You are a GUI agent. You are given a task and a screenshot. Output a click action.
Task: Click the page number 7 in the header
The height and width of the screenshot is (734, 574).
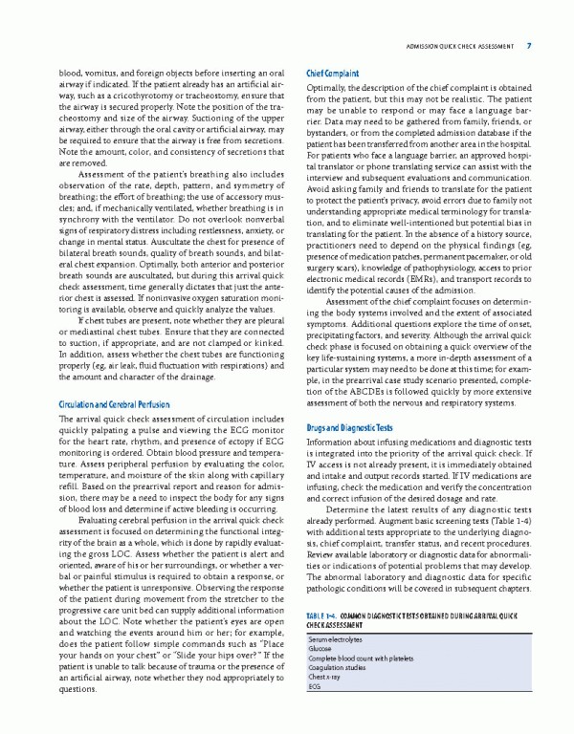click(x=529, y=45)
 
